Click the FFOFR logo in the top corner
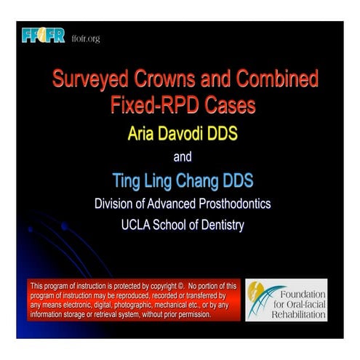44,35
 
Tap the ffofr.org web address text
86,38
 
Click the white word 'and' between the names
183,156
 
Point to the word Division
116,204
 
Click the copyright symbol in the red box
183,287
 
